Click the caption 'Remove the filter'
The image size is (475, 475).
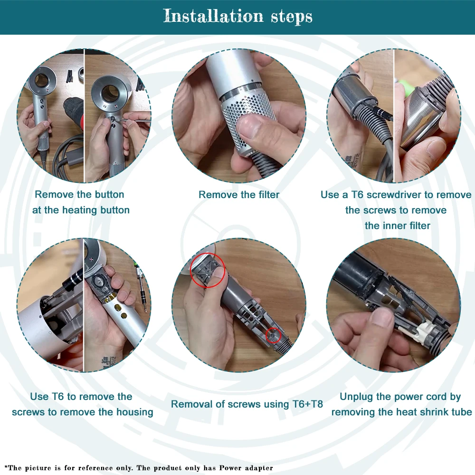click(239, 194)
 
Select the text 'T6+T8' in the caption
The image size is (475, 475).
click(307, 404)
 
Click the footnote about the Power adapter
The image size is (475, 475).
click(139, 468)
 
